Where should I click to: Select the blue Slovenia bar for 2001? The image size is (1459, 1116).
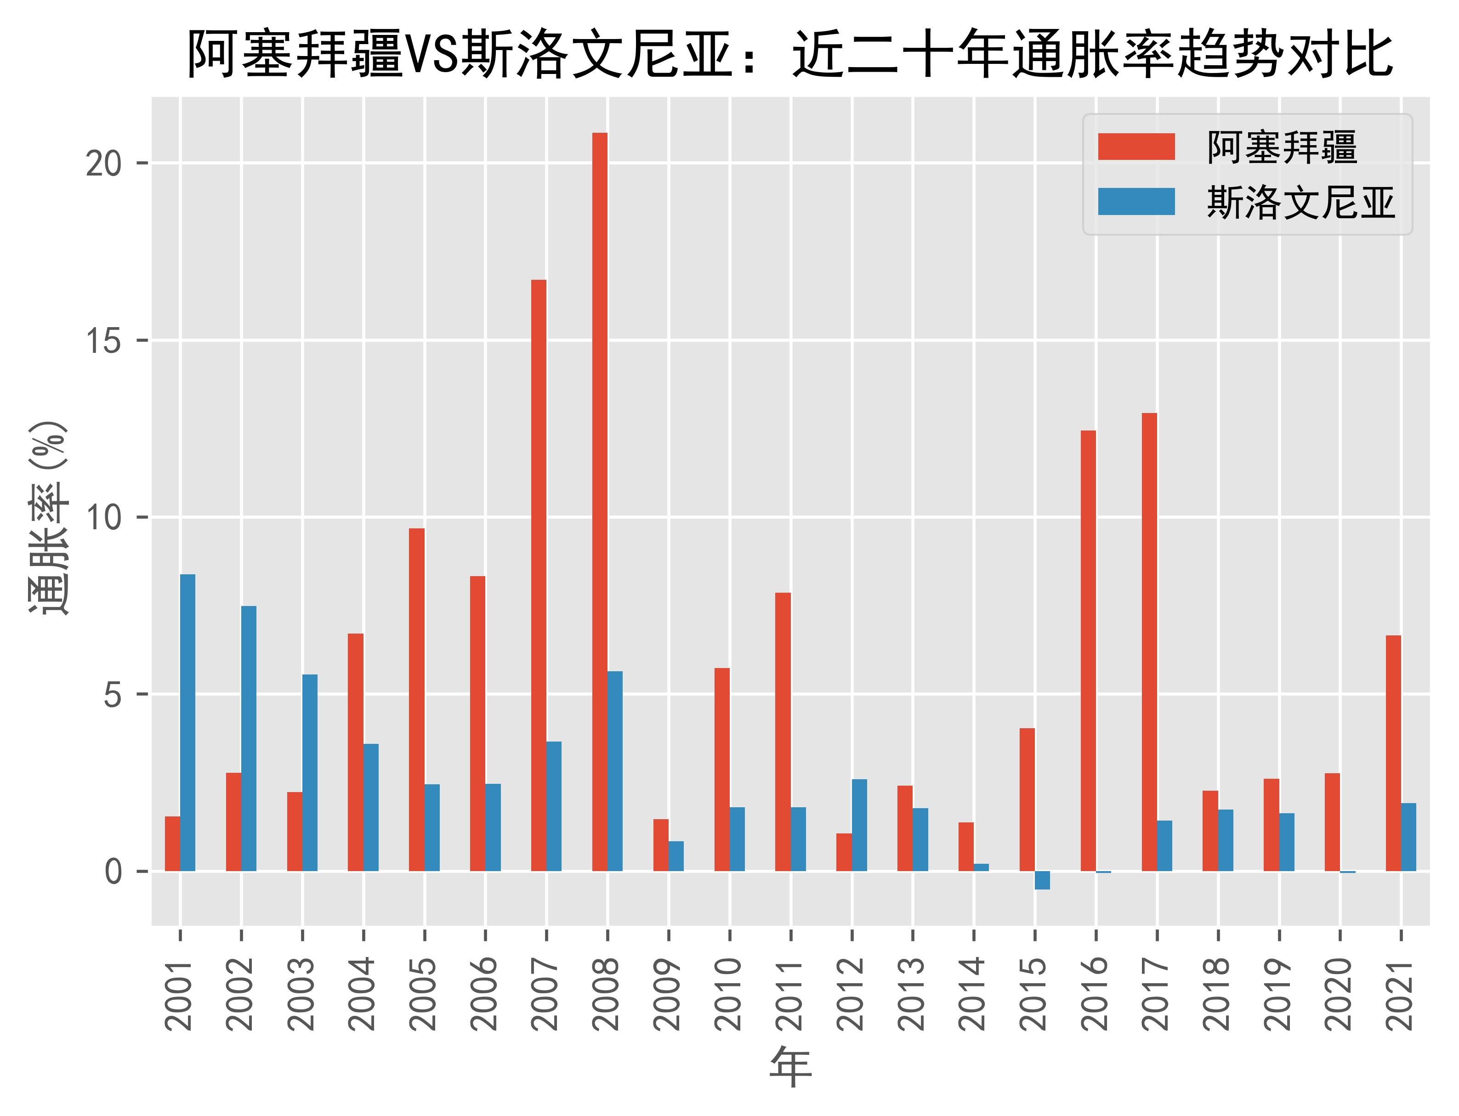(x=188, y=722)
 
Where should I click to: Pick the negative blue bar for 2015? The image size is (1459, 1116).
(x=1042, y=880)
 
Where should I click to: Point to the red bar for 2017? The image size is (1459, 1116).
(x=1149, y=642)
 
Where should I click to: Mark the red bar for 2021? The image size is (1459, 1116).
(x=1393, y=753)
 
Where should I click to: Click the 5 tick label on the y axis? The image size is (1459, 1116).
(x=113, y=695)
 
